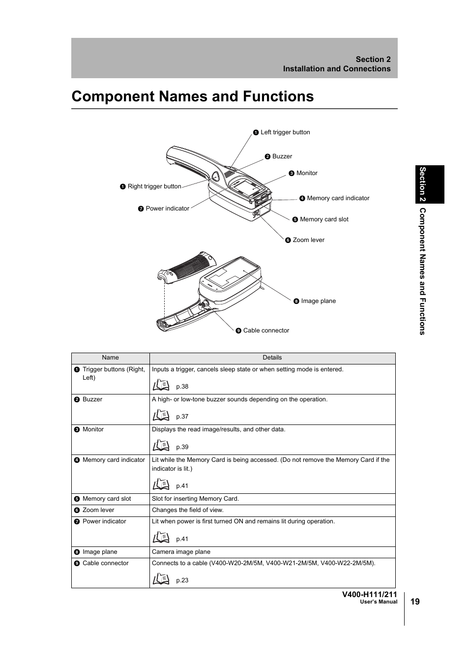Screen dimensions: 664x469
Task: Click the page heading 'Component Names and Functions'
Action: (x=192, y=96)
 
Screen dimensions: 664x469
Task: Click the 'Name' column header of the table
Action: (x=110, y=358)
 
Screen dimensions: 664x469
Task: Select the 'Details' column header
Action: (x=272, y=358)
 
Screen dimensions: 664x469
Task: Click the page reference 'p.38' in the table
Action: (x=182, y=387)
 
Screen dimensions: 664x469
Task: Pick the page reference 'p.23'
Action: (x=182, y=580)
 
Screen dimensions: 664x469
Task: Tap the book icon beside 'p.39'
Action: (x=161, y=446)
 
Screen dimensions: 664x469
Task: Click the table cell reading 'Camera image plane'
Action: (x=181, y=552)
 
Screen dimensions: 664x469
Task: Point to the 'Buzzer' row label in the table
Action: (x=92, y=399)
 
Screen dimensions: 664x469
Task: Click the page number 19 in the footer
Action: (x=415, y=602)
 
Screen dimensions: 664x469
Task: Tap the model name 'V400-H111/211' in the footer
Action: (x=369, y=594)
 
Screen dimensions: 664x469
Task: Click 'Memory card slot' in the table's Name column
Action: (x=107, y=499)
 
